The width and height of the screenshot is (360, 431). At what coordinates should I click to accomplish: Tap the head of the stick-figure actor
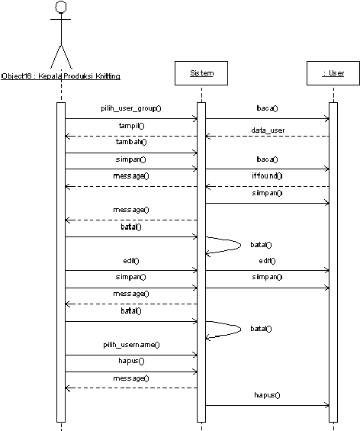click(61, 7)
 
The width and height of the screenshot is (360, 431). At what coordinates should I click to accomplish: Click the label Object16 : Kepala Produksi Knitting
click(61, 76)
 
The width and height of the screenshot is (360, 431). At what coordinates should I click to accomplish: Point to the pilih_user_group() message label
click(131, 108)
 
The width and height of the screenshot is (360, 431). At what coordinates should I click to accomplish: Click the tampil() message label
click(132, 126)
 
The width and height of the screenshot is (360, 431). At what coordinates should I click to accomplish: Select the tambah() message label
click(131, 142)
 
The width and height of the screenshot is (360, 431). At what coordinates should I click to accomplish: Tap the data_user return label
click(268, 130)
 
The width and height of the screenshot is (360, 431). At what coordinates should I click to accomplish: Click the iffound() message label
click(267, 175)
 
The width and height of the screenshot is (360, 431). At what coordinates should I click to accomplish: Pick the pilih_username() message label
click(131, 345)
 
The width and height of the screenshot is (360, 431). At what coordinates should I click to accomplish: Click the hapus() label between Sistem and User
click(267, 395)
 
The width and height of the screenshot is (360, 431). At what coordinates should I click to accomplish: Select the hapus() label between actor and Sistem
click(131, 361)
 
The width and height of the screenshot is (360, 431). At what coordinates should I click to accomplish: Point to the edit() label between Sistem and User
click(267, 261)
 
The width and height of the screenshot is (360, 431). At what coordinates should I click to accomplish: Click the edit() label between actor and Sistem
click(131, 261)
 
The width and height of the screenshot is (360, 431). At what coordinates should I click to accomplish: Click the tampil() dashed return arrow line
click(131, 136)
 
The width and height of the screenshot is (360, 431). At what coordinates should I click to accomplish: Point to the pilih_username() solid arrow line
click(131, 355)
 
